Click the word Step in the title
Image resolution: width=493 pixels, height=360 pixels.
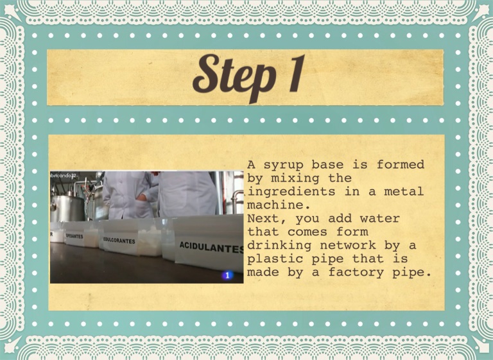click(234, 78)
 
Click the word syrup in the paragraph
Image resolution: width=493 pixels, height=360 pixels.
click(284, 165)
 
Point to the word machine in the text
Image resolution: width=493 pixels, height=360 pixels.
click(276, 205)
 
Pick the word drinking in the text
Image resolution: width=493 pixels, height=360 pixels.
click(279, 246)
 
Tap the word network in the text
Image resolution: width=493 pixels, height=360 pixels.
click(348, 245)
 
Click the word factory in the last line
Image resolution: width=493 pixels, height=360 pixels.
click(356, 273)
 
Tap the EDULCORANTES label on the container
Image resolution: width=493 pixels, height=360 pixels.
click(119, 241)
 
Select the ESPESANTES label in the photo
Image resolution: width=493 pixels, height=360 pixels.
click(74, 236)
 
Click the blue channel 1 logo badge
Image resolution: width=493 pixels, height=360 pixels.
click(227, 275)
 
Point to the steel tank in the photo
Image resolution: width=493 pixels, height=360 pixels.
click(67, 207)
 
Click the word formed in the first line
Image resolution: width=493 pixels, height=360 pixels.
click(401, 164)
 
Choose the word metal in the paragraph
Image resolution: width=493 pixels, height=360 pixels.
click(404, 191)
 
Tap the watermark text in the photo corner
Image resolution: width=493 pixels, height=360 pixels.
click(63, 176)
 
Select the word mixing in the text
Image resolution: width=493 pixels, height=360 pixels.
click(295, 178)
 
